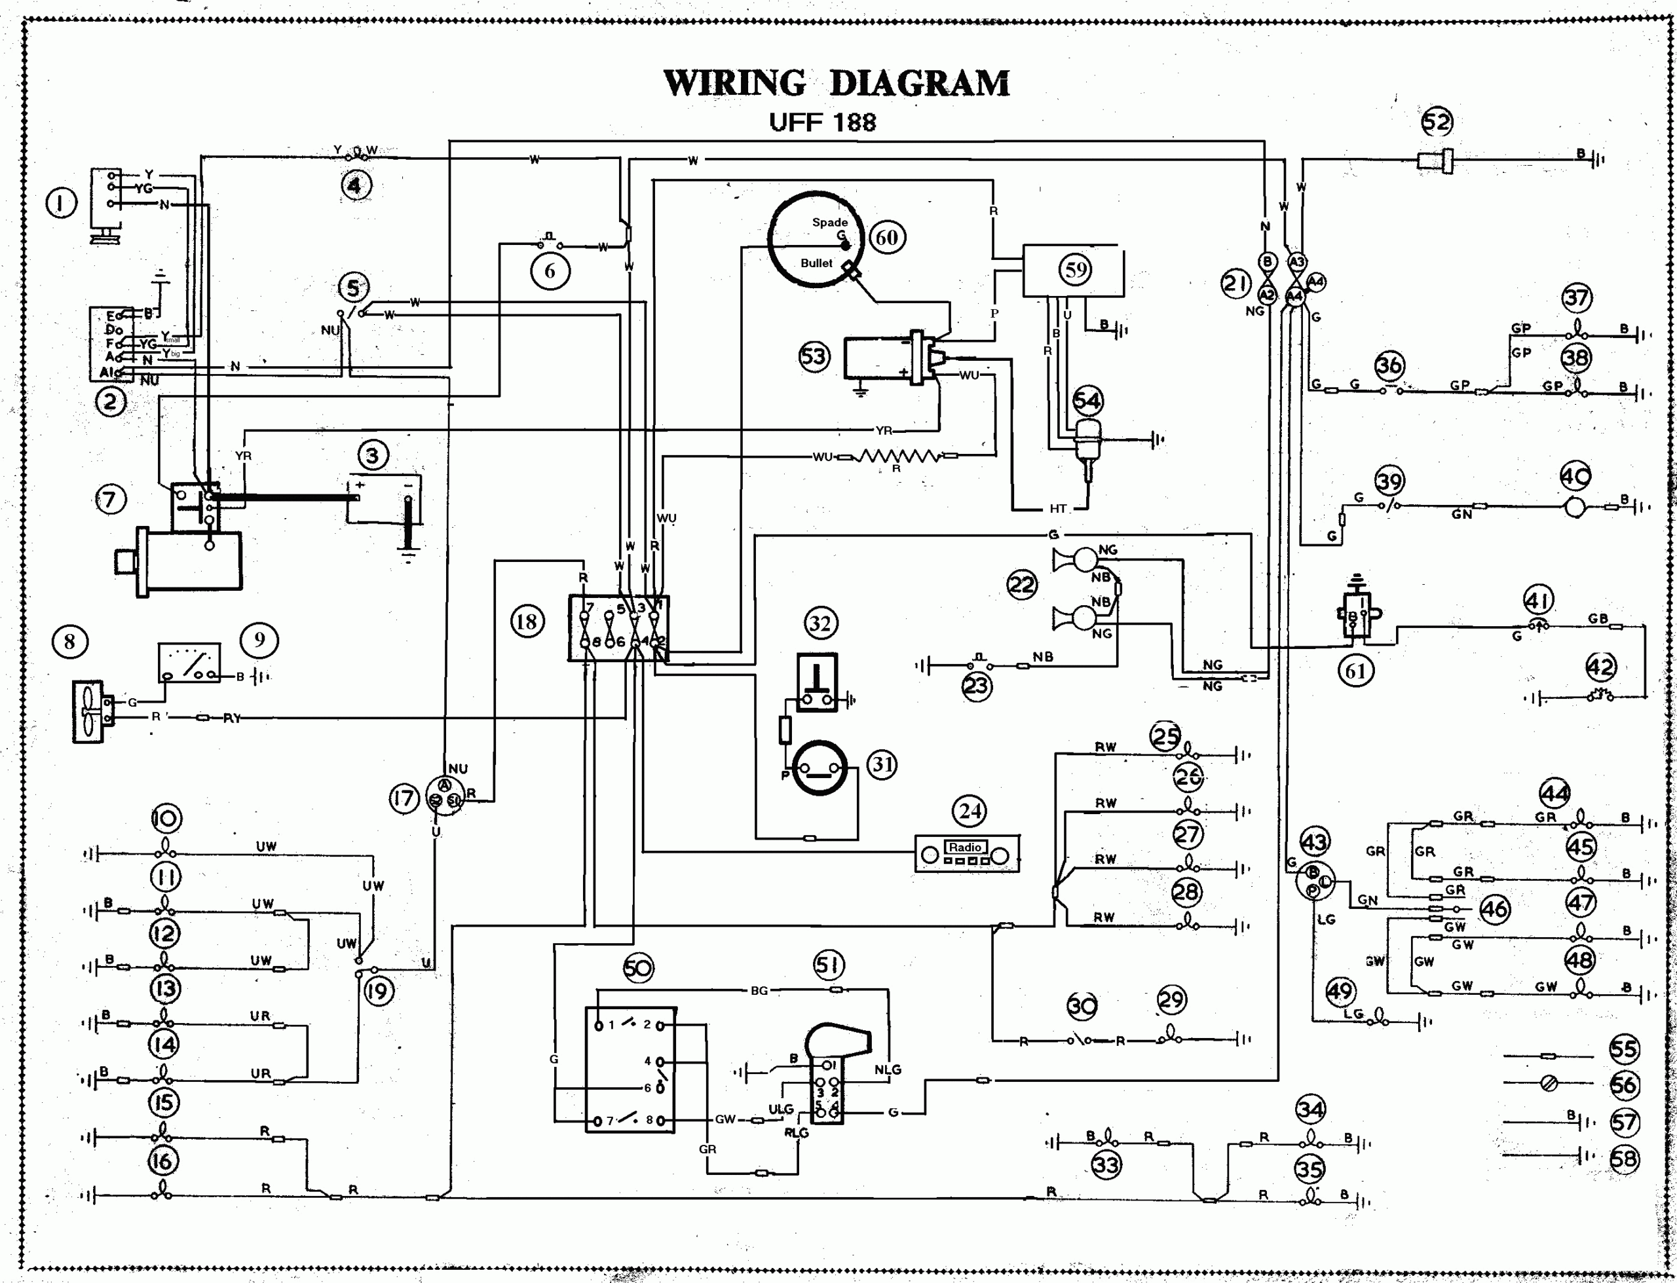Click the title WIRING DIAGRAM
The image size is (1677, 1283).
pyautogui.click(x=837, y=83)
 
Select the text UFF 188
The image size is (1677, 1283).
pyautogui.click(x=823, y=122)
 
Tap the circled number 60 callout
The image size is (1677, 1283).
pyautogui.click(x=886, y=238)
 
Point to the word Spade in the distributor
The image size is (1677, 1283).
pyautogui.click(x=829, y=222)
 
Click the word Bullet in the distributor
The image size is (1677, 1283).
pyautogui.click(x=816, y=263)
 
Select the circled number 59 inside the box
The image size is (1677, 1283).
pyautogui.click(x=1075, y=269)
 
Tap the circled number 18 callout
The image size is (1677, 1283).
pyautogui.click(x=527, y=621)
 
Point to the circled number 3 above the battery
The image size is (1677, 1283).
pyautogui.click(x=373, y=456)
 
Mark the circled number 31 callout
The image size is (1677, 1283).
pyautogui.click(x=882, y=764)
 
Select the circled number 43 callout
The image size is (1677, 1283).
pyautogui.click(x=1313, y=842)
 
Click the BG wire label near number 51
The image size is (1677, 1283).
pyautogui.click(x=759, y=990)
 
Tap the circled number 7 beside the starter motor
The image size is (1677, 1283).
pyautogui.click(x=110, y=500)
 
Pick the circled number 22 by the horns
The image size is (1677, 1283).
pyautogui.click(x=1021, y=585)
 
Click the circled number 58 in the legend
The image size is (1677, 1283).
pyautogui.click(x=1623, y=1159)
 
